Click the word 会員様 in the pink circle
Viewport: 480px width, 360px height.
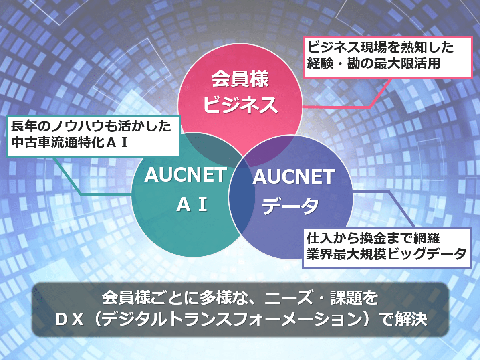tap(240, 79)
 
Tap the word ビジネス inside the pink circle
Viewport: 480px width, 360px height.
tap(240, 105)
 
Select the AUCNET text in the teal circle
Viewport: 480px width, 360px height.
tap(186, 175)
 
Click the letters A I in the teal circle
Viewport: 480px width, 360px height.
tap(192, 204)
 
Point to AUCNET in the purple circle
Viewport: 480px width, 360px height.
tap(294, 177)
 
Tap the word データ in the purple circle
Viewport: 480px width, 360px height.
tap(290, 206)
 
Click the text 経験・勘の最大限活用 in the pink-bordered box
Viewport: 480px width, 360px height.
tap(373, 63)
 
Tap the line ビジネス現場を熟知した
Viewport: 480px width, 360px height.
tap(381, 47)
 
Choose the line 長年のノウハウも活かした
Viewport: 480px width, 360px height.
tap(91, 126)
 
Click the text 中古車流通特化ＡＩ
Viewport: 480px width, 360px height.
tap(69, 142)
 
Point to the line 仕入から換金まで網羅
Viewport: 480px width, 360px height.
tap(373, 238)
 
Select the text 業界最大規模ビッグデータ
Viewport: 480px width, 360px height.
tap(386, 254)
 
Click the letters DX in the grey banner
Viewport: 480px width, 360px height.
tap(69, 320)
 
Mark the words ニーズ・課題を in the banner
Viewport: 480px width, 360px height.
tap(322, 297)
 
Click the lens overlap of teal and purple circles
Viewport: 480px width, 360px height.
tap(242, 196)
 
